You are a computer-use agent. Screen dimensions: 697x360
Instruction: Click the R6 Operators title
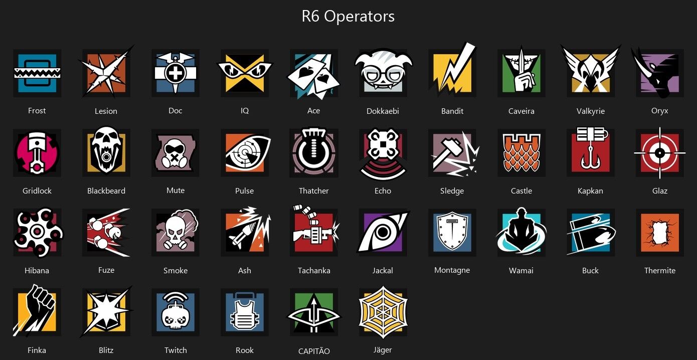point(348,17)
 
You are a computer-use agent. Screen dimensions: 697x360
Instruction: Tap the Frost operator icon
point(37,73)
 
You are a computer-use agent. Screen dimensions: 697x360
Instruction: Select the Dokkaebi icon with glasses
point(383,71)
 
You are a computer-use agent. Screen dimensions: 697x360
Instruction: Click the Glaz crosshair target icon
point(659,152)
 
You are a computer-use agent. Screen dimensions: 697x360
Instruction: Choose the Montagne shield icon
point(452,233)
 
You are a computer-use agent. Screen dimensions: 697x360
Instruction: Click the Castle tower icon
point(521,152)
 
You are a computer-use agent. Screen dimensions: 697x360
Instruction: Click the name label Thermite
point(659,271)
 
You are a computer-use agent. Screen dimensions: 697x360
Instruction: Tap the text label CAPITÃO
point(314,351)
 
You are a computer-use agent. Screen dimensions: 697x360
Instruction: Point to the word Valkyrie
point(590,111)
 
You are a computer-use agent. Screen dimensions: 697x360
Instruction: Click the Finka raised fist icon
point(37,312)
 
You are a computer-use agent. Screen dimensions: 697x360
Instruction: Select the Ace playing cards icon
point(313,73)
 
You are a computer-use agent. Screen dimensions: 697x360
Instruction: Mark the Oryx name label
point(659,111)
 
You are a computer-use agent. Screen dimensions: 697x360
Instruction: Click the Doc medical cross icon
point(175,73)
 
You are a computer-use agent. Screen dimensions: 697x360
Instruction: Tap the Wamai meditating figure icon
point(521,232)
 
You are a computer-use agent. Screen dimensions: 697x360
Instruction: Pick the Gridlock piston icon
point(37,152)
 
